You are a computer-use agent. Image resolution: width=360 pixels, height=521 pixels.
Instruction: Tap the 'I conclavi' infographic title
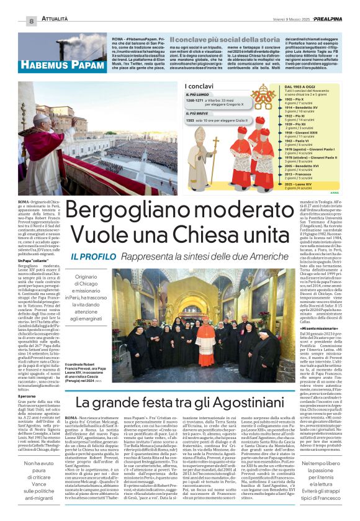pyautogui.click(x=197, y=86)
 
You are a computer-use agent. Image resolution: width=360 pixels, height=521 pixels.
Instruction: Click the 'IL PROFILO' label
pyautogui.click(x=91, y=257)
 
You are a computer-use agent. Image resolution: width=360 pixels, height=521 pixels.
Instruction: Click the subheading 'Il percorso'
pyautogui.click(x=27, y=378)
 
